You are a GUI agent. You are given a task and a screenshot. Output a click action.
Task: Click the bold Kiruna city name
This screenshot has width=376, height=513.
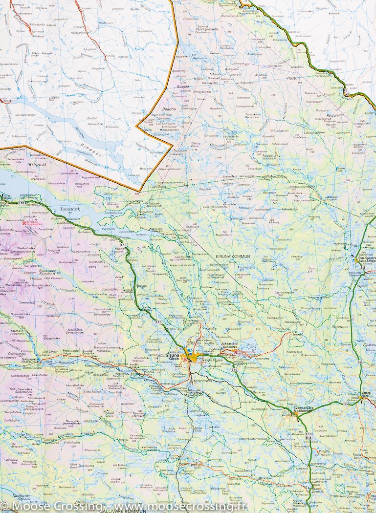[174, 355]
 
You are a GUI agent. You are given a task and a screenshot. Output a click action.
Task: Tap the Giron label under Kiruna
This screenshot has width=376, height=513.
[173, 360]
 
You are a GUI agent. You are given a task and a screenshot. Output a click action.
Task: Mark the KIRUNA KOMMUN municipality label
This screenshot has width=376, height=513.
[233, 256]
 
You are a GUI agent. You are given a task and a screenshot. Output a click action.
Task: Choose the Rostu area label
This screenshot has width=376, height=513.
[292, 78]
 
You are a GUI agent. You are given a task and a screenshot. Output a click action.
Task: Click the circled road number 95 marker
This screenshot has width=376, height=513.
[104, 238]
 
